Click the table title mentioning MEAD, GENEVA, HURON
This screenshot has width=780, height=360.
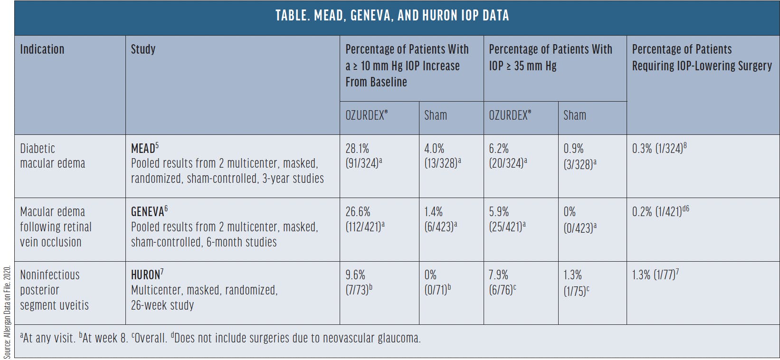pyautogui.click(x=392, y=16)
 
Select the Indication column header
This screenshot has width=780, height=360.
pyautogui.click(x=42, y=49)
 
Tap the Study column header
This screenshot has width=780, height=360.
pyautogui.click(x=143, y=49)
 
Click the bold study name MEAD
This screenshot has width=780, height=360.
pyautogui.click(x=143, y=149)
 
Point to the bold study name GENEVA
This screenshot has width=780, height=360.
pyautogui.click(x=148, y=212)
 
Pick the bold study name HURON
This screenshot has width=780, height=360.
pyautogui.click(x=146, y=275)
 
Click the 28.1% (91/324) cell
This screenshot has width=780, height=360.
pyautogui.click(x=364, y=156)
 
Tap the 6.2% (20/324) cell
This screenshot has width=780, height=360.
pyautogui.click(x=508, y=156)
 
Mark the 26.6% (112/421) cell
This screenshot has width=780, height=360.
pyautogui.click(x=365, y=219)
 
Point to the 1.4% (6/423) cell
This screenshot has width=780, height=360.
pyautogui.click(x=440, y=219)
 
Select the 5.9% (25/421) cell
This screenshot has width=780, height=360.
pyautogui.click(x=507, y=219)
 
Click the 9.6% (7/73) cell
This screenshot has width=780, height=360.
pyautogui.click(x=359, y=283)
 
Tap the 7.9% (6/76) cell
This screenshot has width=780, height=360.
pyautogui.click(x=502, y=283)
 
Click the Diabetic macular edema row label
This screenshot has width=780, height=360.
pyautogui.click(x=52, y=156)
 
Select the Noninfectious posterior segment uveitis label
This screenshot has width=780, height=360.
pyautogui.click(x=54, y=290)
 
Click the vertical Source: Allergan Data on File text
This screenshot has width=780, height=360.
pyautogui.click(x=7, y=312)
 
